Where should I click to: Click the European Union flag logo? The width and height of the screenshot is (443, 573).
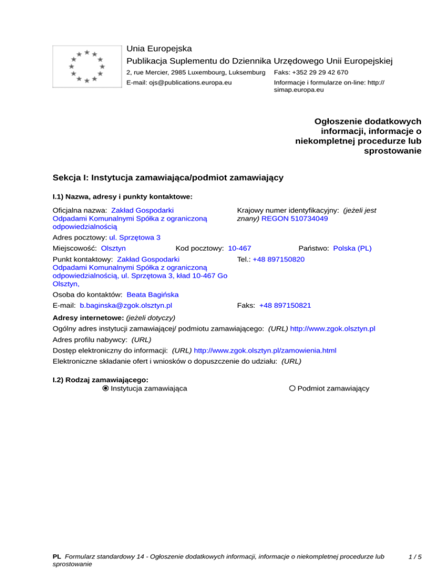tap(87, 66)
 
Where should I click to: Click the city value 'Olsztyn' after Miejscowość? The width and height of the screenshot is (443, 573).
tap(114, 248)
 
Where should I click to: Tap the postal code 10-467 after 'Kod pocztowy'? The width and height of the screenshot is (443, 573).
tap(239, 248)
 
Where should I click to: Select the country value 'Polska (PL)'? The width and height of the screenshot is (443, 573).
tap(352, 248)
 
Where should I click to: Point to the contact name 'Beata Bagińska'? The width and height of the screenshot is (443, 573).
tap(152, 294)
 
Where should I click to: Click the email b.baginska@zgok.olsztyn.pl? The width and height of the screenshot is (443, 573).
tap(127, 305)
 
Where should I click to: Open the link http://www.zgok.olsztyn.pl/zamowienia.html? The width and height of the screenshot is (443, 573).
tap(265, 350)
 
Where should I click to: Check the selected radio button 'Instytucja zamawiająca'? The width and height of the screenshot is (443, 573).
tap(106, 389)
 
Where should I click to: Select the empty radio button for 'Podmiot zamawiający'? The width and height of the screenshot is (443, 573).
tap(293, 389)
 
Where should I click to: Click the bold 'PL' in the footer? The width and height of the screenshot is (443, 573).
tap(57, 557)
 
